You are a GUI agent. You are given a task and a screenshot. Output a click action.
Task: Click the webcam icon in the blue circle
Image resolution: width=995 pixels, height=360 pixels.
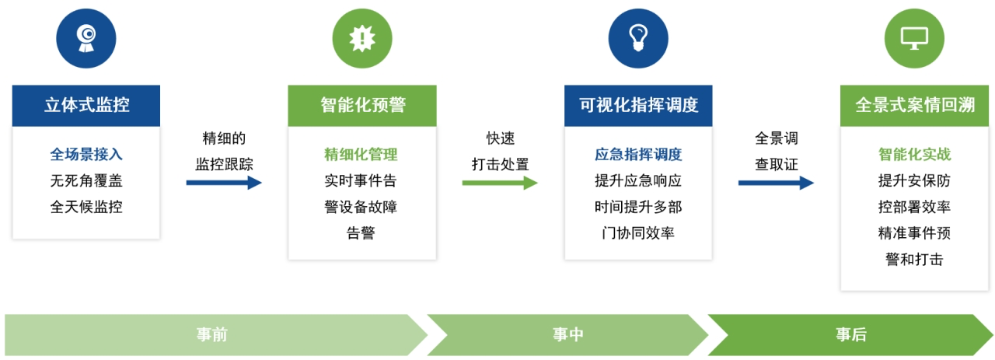pyautogui.click(x=86, y=38)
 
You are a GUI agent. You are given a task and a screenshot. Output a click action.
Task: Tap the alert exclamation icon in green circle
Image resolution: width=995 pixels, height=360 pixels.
pyautogui.click(x=362, y=38)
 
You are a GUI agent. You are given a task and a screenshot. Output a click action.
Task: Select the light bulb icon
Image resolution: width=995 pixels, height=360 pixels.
pyautogui.click(x=638, y=38)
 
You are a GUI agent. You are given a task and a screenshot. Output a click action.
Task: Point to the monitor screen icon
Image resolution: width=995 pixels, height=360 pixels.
pyautogui.click(x=914, y=39)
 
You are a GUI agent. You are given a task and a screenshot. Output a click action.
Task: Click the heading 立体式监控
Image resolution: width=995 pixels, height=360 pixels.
pyautogui.click(x=86, y=105)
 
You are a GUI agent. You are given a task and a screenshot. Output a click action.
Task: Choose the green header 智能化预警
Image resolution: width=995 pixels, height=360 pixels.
pyautogui.click(x=363, y=105)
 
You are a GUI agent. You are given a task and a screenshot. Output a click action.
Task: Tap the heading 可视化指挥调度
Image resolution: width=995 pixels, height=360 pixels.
pyautogui.click(x=638, y=105)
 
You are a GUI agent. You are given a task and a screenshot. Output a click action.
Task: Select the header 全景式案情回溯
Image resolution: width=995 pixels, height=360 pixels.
pyautogui.click(x=915, y=105)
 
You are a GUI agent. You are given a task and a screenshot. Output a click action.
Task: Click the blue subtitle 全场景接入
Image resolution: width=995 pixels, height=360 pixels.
pyautogui.click(x=86, y=155)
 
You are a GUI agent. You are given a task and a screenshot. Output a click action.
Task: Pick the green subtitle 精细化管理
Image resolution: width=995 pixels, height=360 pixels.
pyautogui.click(x=361, y=155)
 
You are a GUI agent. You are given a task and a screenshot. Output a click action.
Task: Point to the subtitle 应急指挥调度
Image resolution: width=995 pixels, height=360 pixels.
pyautogui.click(x=638, y=155)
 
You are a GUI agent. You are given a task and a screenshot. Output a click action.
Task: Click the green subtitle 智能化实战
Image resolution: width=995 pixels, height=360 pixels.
pyautogui.click(x=914, y=155)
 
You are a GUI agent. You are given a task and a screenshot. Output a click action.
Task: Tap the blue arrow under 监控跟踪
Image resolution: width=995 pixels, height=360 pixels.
pyautogui.click(x=224, y=183)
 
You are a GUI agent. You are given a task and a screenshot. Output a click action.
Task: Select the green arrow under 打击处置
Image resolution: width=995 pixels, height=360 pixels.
pyautogui.click(x=500, y=183)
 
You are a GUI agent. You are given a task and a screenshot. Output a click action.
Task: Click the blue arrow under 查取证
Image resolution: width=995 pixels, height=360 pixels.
pyautogui.click(x=776, y=183)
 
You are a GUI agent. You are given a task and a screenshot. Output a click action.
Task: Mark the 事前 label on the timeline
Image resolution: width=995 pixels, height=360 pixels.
pyautogui.click(x=212, y=334)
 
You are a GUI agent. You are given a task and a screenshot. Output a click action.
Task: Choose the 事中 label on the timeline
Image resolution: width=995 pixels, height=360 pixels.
pyautogui.click(x=568, y=334)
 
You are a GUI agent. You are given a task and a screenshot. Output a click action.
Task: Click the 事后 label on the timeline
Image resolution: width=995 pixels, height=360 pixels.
pyautogui.click(x=851, y=334)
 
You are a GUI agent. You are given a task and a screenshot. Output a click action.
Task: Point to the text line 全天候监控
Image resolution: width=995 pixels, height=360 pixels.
pyautogui.click(x=86, y=207)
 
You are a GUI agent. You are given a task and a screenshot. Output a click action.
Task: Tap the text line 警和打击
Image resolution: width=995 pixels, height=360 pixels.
pyautogui.click(x=914, y=260)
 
